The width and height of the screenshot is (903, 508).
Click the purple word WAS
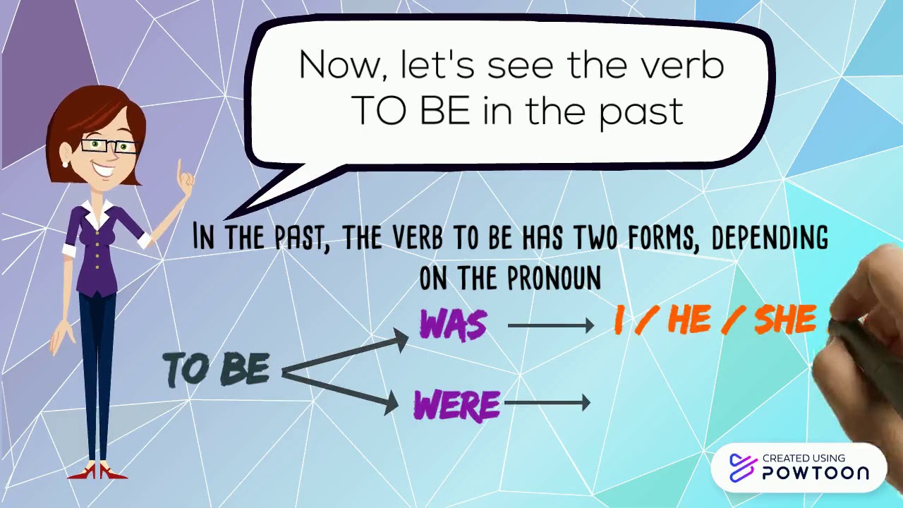tap(453, 325)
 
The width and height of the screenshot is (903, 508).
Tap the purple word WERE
tap(457, 405)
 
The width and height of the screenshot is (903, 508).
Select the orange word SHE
tap(785, 320)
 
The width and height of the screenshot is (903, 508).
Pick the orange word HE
tap(689, 320)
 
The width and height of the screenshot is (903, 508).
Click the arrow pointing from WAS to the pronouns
tap(550, 325)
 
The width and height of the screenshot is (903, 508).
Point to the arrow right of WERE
tap(547, 403)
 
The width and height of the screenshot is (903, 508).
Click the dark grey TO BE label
tap(217, 369)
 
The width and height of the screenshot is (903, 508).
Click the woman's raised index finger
tap(181, 169)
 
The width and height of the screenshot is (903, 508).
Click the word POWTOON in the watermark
tap(816, 473)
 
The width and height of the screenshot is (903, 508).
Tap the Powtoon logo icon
tap(741, 468)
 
